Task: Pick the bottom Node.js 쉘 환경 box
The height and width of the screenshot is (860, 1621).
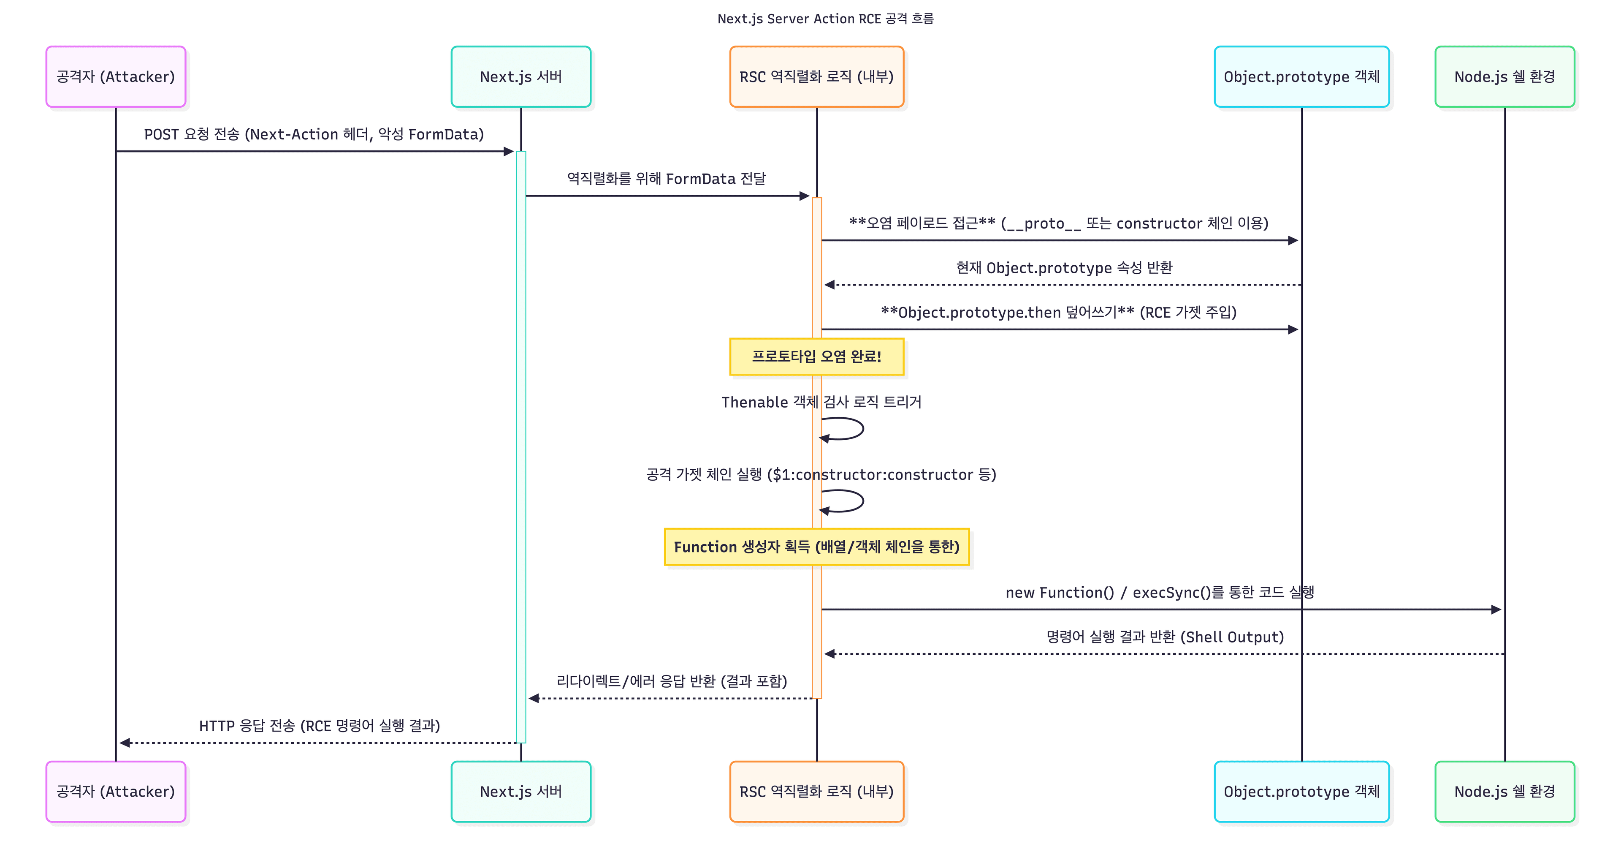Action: [x=1504, y=792]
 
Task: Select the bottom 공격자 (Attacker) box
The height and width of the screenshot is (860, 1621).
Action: [x=116, y=792]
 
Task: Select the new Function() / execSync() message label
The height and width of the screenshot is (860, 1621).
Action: [x=1159, y=593]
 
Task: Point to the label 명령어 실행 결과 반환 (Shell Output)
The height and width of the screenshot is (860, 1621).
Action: [x=1164, y=637]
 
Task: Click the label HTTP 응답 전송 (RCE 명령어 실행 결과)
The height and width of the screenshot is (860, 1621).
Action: [x=319, y=726]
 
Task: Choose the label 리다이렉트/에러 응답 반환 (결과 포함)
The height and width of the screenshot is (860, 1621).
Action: [x=672, y=681]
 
